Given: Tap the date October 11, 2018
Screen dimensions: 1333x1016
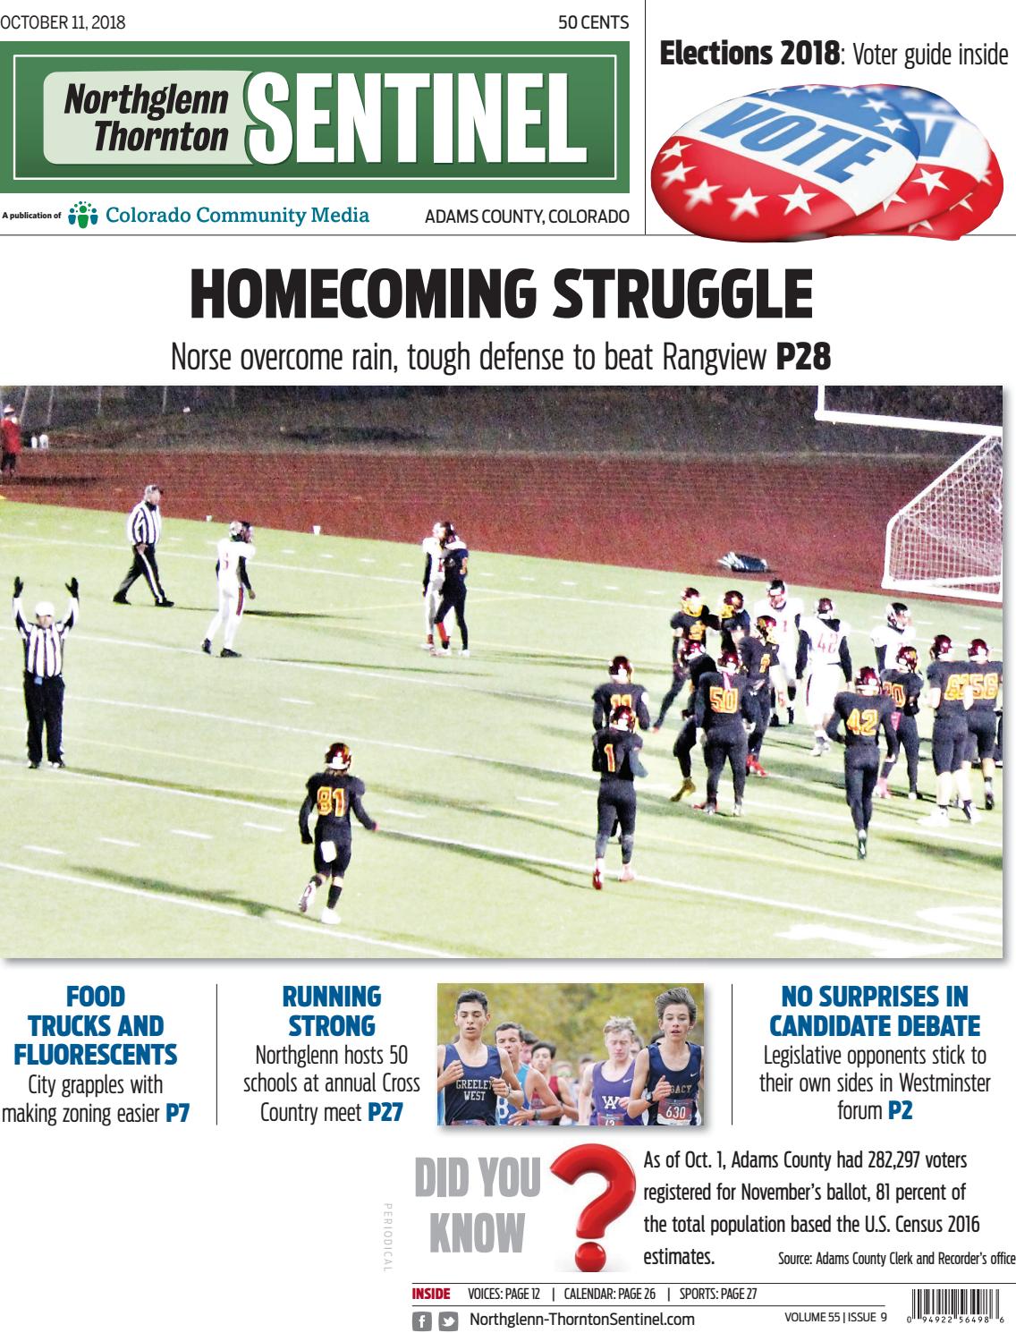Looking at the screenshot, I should pyautogui.click(x=63, y=22).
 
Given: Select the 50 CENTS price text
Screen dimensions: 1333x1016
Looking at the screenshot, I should pyautogui.click(x=593, y=22).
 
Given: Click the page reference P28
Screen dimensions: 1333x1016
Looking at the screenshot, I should pyautogui.click(x=803, y=358).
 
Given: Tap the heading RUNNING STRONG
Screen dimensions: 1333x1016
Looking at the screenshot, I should pyautogui.click(x=331, y=1010).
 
